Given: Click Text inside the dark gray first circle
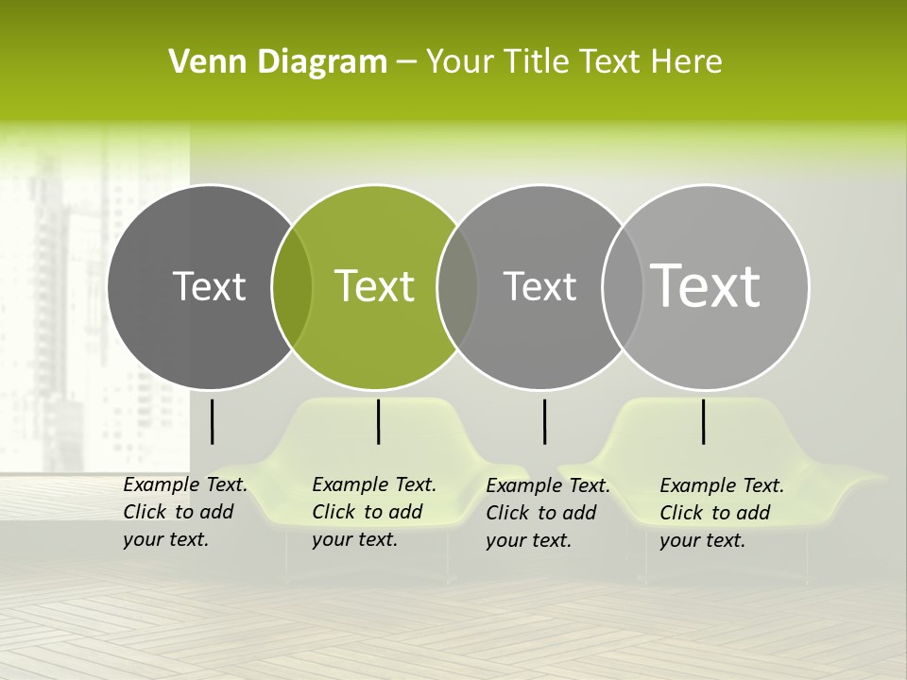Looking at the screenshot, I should click(x=209, y=286).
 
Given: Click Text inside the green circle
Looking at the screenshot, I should click(x=375, y=286).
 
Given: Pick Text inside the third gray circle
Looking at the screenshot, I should click(x=539, y=286).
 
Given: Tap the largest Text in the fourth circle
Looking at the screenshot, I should click(x=706, y=285).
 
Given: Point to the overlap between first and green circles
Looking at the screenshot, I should click(x=292, y=287).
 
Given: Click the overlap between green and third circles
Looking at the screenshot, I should click(x=457, y=287).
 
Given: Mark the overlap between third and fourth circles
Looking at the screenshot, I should click(x=623, y=287).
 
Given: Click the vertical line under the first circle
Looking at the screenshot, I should click(x=212, y=421).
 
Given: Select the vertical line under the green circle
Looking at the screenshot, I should click(x=378, y=421).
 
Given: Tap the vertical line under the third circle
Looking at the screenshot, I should click(x=544, y=421).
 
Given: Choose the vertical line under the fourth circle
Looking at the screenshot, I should click(x=703, y=421).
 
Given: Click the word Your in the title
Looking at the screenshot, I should click(x=459, y=62).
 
